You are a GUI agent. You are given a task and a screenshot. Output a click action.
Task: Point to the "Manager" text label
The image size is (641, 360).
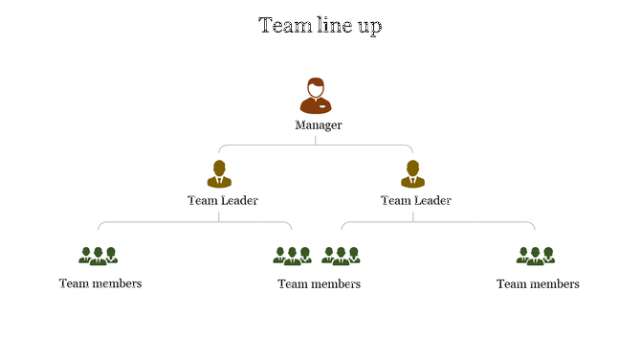[319, 125]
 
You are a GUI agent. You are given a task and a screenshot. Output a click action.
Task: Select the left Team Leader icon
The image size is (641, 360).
[219, 174]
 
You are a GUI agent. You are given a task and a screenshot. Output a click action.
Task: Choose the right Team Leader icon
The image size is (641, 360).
[413, 174]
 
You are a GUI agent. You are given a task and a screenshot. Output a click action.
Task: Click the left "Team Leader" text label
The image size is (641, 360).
[222, 200]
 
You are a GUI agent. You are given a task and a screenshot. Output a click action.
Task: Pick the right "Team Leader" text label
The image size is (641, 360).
[416, 200]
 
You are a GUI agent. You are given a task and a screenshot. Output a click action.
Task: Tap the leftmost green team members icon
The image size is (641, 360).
[98, 256]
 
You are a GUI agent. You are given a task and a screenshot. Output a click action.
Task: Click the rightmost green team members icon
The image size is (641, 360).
[536, 256]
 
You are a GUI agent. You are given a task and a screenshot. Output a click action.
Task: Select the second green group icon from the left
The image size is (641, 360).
[293, 256]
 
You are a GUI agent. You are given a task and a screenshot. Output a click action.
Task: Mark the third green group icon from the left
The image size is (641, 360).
[341, 256]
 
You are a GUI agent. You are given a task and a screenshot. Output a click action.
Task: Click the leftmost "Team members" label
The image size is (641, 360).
[100, 283]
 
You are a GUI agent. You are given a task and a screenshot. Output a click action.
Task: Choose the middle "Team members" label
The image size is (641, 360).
[320, 284]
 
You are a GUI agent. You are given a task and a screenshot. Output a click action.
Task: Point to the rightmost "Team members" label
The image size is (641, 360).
[538, 284]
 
